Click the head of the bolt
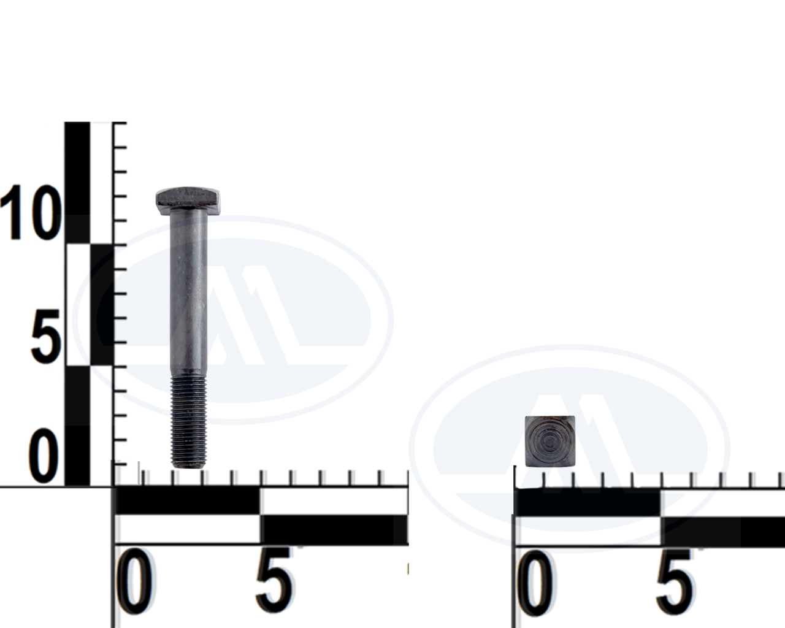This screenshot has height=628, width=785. pyautogui.click(x=188, y=201)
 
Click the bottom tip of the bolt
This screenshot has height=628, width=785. pyautogui.click(x=188, y=467)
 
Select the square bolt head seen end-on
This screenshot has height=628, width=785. pyautogui.click(x=550, y=441)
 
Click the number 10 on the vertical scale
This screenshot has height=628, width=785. pyautogui.click(x=31, y=212)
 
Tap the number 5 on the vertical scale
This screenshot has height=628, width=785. pyautogui.click(x=45, y=336)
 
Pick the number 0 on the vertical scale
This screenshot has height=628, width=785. pyautogui.click(x=44, y=456)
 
